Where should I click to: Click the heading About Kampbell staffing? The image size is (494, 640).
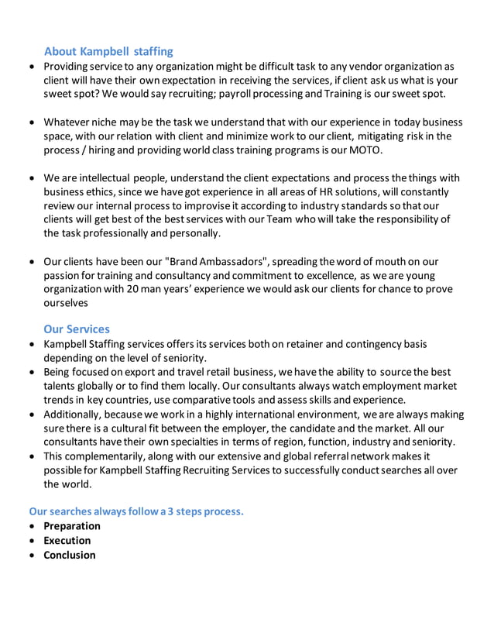108,52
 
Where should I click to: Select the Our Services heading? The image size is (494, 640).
77,329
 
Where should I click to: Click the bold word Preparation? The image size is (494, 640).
72,526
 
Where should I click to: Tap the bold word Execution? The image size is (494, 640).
67,541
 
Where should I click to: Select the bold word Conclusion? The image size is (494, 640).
70,556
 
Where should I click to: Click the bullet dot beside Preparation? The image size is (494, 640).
31,527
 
